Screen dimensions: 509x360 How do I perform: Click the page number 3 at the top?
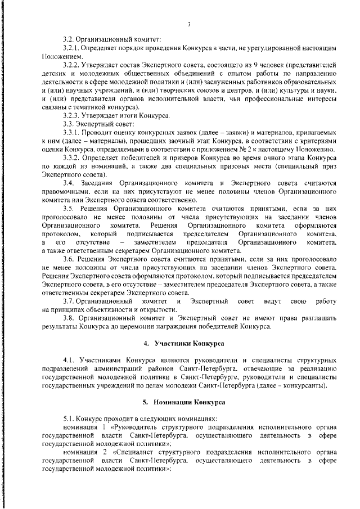[190, 24]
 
